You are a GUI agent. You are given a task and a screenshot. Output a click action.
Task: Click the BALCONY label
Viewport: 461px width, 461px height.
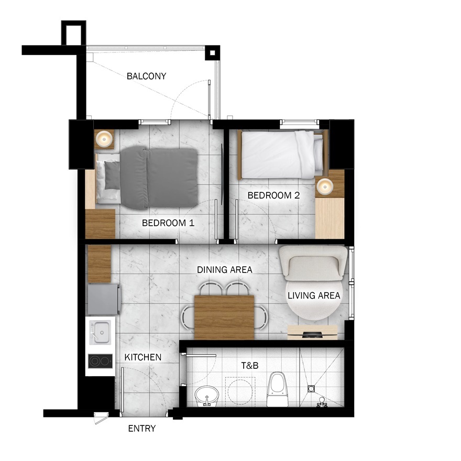(x=146, y=76)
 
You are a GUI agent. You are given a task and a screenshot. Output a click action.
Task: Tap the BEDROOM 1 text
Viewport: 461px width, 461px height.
(x=168, y=223)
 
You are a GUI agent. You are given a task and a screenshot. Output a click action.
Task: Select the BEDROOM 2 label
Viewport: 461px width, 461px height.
(x=273, y=195)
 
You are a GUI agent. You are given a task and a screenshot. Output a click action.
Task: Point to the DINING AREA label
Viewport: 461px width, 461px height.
(x=225, y=270)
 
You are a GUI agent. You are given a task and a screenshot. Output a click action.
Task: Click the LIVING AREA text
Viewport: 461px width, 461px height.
(x=314, y=295)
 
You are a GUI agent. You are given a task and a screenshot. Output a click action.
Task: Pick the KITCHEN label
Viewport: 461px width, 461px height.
(x=143, y=357)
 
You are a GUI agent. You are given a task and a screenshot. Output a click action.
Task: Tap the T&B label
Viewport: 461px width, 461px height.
(x=250, y=366)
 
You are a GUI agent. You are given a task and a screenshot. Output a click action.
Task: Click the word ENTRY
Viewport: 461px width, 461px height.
(x=142, y=429)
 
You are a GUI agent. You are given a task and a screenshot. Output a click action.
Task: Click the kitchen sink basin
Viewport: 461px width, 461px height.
(x=100, y=332)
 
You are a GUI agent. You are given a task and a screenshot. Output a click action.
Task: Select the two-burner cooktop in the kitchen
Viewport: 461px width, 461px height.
(x=100, y=361)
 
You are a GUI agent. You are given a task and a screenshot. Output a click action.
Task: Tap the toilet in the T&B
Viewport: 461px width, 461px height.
(x=277, y=389)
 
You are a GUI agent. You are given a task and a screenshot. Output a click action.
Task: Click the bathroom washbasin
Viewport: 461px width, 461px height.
(x=207, y=396)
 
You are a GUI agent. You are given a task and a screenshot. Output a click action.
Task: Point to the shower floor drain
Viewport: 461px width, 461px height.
(x=311, y=389)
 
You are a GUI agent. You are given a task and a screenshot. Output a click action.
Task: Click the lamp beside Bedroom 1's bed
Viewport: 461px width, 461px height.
(x=104, y=138)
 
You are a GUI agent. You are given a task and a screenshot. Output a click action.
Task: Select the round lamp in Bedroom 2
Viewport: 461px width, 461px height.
(x=325, y=186)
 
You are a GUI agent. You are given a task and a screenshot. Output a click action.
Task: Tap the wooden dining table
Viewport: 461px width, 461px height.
(x=224, y=317)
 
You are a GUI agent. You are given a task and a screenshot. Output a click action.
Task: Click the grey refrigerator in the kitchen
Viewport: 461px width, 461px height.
(x=104, y=299)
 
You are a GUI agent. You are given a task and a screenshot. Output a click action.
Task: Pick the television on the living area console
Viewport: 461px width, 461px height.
(x=313, y=334)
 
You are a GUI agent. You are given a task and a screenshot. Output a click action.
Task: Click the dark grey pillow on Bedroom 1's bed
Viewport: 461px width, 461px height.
(x=112, y=175)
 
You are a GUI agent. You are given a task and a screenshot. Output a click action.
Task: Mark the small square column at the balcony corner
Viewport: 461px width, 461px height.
(x=212, y=53)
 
